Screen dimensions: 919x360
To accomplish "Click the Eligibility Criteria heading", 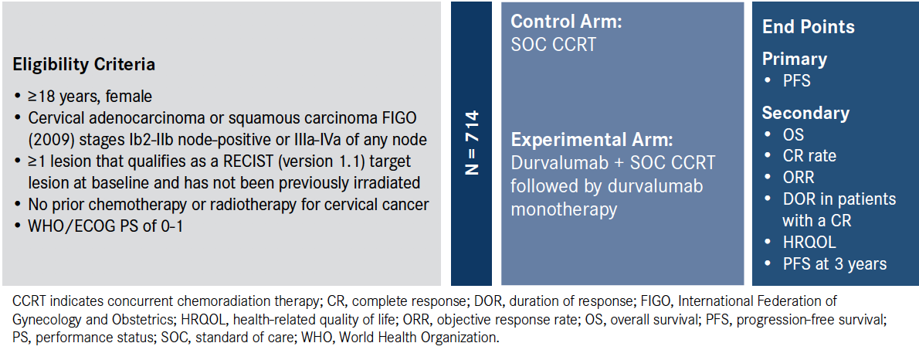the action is pos(84,64).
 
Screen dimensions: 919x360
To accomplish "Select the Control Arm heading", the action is pos(565,22).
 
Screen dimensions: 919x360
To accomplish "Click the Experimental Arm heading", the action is pos(591,141).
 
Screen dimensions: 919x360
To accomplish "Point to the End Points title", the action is pos(809,27).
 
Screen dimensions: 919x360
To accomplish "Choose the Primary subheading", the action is pos(794,59).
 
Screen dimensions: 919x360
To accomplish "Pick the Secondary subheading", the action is pos(805,113).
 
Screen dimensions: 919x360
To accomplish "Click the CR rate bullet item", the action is pos(809,155).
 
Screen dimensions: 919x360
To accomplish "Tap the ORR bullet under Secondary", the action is pos(799,177).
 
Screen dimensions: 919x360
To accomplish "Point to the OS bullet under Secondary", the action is pos(793,134).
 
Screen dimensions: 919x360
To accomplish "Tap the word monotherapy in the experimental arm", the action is pos(563,209).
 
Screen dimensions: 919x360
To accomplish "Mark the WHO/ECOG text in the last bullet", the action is pos(66,226).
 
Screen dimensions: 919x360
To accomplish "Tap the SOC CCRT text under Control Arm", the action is pos(553,45).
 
